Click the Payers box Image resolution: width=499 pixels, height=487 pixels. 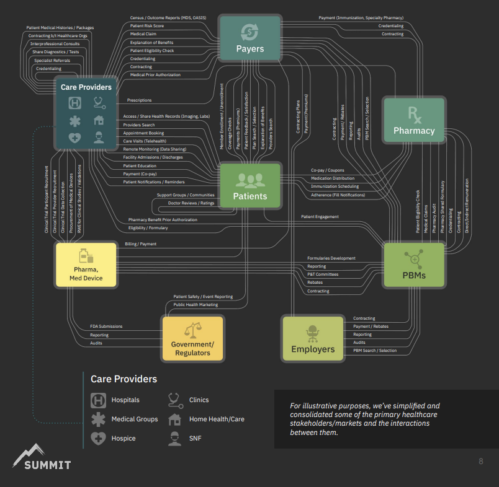click(249, 38)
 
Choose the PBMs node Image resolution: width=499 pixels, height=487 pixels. click(414, 265)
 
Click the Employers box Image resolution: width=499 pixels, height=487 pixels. click(313, 338)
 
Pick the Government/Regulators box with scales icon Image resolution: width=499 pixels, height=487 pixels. click(192, 338)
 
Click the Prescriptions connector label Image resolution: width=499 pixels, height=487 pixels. click(139, 100)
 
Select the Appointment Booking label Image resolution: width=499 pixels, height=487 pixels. click(143, 133)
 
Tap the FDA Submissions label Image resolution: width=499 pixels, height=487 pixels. click(106, 327)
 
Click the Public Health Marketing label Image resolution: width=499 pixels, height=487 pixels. click(196, 305)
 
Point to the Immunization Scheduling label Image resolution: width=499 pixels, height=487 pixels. click(335, 186)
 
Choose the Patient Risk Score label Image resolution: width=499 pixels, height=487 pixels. click(147, 26)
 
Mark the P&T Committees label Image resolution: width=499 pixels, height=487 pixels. click(323, 274)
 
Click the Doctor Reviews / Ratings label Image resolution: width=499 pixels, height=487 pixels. click(191, 203)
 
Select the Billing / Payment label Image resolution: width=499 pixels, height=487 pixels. click(141, 244)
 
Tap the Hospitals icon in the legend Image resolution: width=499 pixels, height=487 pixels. click(98, 400)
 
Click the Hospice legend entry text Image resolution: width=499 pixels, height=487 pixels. click(124, 438)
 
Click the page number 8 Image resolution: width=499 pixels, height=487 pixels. click(481, 461)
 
